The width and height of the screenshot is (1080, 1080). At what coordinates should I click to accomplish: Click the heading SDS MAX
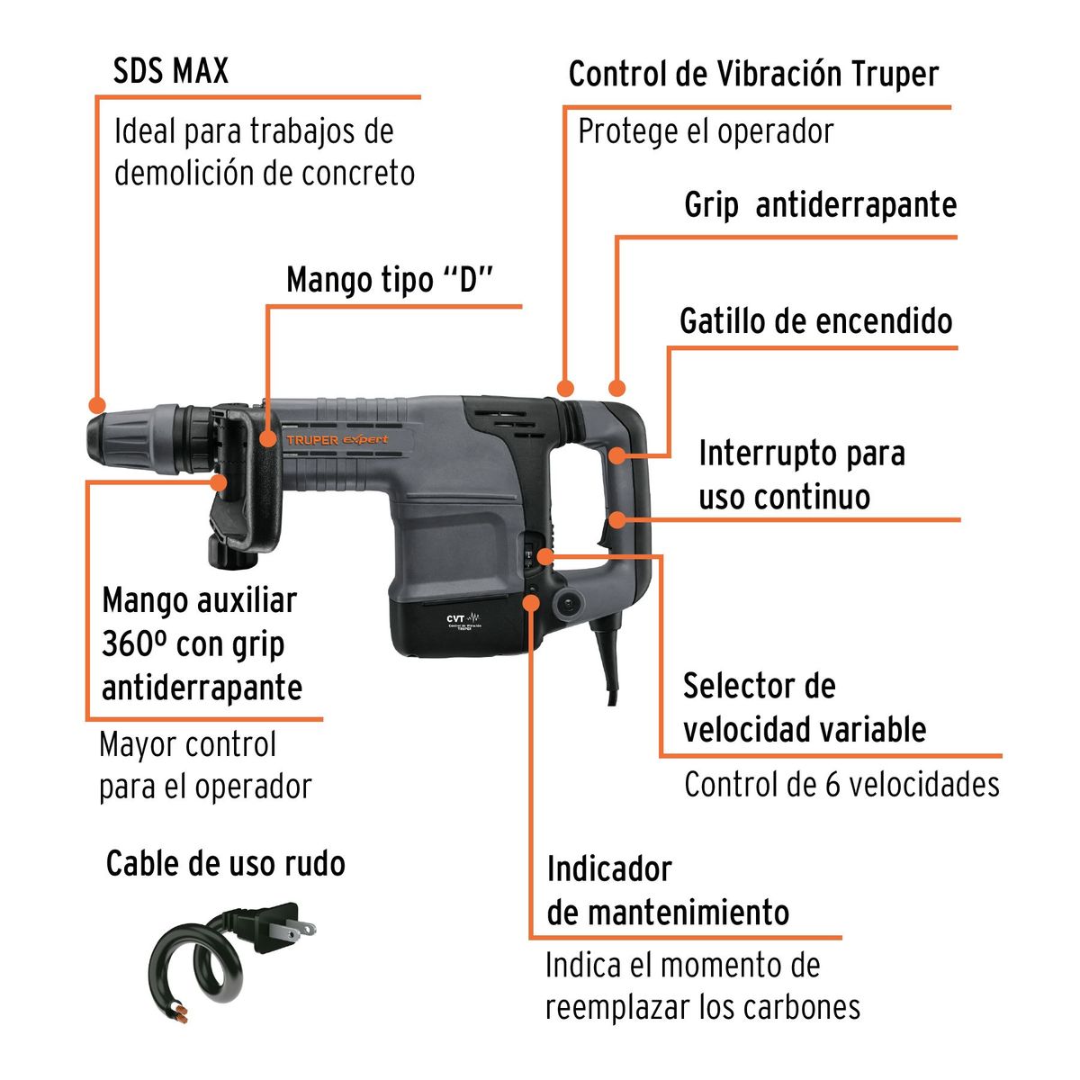click(x=171, y=71)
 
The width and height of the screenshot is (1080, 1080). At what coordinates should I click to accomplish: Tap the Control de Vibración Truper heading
click(x=753, y=74)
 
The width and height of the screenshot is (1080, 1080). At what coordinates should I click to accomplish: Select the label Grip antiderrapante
click(x=820, y=205)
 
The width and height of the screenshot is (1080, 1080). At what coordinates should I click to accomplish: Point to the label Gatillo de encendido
click(x=815, y=320)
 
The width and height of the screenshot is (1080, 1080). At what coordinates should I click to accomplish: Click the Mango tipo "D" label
click(x=391, y=280)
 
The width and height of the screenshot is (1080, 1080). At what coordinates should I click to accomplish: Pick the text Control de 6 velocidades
click(x=841, y=784)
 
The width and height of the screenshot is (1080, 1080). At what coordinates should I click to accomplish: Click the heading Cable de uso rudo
click(x=226, y=863)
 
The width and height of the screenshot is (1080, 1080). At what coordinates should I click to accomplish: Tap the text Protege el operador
click(x=706, y=131)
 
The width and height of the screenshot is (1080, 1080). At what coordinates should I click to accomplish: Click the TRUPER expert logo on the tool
click(x=337, y=439)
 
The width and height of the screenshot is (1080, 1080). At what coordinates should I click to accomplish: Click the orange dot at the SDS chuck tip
click(x=96, y=405)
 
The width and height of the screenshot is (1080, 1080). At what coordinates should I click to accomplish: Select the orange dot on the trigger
click(x=617, y=454)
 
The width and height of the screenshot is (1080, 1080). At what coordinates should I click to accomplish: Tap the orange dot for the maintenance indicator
click(x=533, y=600)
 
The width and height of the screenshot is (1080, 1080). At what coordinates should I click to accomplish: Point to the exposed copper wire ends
click(x=183, y=1017)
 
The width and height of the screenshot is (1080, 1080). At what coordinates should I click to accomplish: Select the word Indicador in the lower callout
click(x=609, y=869)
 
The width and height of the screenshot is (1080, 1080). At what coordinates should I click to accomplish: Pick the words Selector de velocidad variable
click(x=804, y=707)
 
